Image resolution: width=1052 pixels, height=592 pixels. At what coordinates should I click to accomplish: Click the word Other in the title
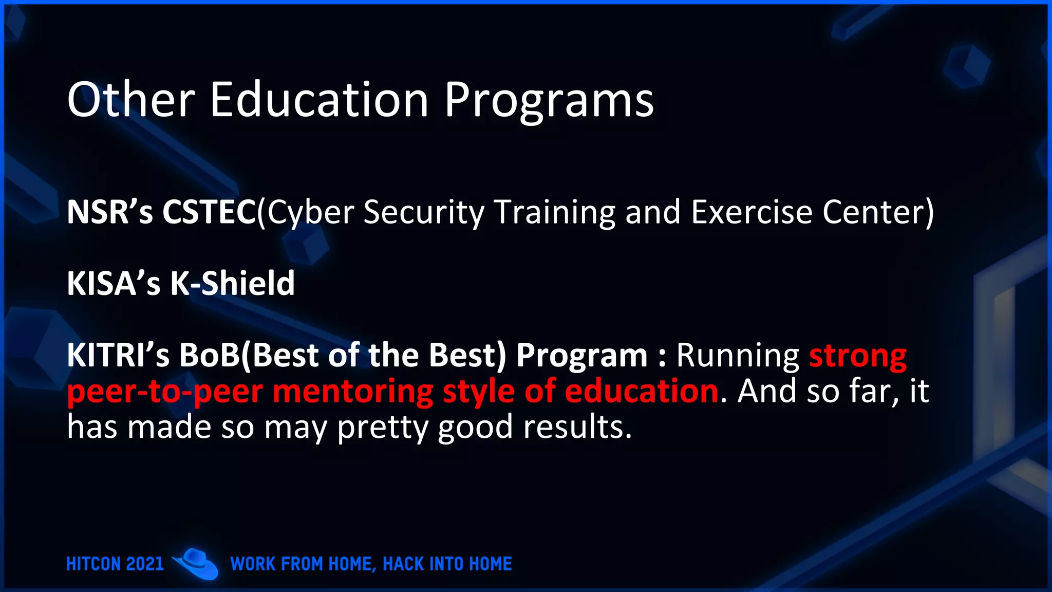tap(131, 100)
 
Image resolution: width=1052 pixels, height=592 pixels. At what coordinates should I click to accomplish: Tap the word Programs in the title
tap(549, 100)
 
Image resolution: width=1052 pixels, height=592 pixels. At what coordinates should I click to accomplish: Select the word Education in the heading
tap(319, 100)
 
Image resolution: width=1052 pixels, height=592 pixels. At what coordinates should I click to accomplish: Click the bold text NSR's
tap(110, 212)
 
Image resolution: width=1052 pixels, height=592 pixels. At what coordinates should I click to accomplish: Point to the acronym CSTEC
tap(209, 212)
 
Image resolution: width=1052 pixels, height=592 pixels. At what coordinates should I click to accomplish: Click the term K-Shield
tap(232, 283)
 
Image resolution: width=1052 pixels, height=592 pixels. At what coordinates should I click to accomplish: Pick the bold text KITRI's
tap(118, 355)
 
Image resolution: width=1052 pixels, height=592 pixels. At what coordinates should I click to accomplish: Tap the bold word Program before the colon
tap(582, 355)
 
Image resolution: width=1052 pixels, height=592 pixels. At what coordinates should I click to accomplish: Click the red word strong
tap(858, 355)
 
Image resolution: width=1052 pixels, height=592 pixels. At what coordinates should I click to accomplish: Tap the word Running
tap(738, 355)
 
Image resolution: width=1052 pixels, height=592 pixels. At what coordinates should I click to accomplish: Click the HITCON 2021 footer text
tap(115, 564)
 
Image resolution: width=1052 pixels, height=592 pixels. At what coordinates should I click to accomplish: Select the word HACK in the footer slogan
tap(404, 564)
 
